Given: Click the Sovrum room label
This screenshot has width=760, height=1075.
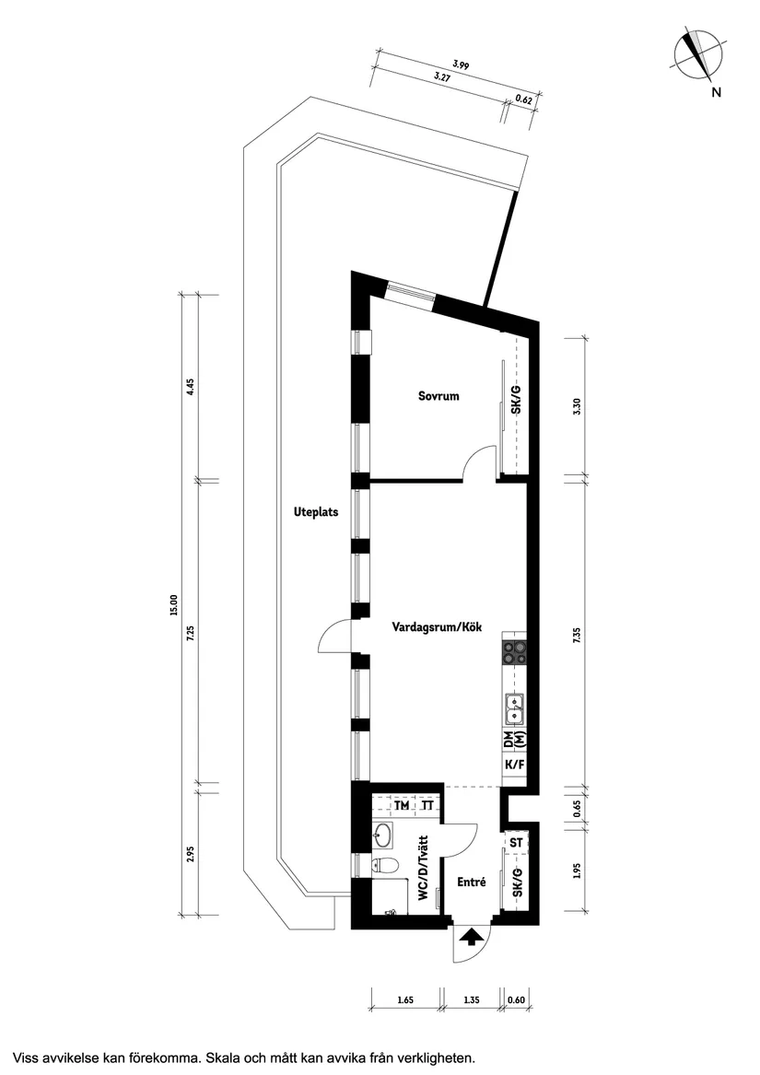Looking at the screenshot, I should pos(438,397).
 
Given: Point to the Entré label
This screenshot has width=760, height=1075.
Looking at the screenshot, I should pos(471,882).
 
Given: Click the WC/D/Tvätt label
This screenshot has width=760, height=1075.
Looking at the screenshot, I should pos(422,868).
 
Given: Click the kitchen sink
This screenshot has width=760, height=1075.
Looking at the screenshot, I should pos(514,707).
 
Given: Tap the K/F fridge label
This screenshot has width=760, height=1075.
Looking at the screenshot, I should pos(514,765).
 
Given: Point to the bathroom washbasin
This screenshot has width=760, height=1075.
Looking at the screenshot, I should pos(383,835).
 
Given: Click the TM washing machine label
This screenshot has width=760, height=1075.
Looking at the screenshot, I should pos(401,806).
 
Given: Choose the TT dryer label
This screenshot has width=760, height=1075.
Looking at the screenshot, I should pos(427,806).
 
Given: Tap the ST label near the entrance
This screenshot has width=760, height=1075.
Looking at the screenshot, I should pos(516,842).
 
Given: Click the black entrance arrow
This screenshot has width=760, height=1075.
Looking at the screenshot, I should pos(472,938).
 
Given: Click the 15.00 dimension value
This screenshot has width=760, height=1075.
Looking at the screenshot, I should pos(172,605).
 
